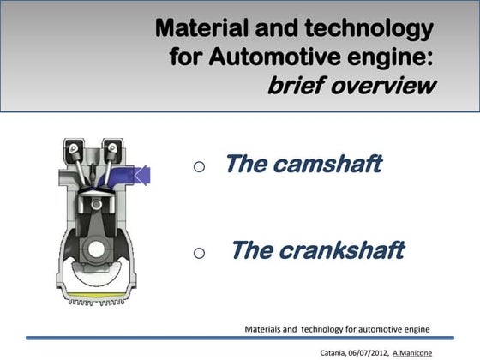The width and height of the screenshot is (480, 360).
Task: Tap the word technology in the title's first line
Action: coord(375,30)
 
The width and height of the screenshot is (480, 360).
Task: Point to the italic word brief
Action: coord(303,87)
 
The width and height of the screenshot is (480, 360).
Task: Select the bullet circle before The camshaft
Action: coord(199,168)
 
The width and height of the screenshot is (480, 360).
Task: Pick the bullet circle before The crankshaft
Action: coord(199,254)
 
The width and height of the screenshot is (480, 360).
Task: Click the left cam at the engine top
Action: coord(79,149)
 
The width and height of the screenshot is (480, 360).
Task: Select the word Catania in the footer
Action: coord(333,351)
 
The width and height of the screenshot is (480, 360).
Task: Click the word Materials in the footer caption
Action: coord(266,328)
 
